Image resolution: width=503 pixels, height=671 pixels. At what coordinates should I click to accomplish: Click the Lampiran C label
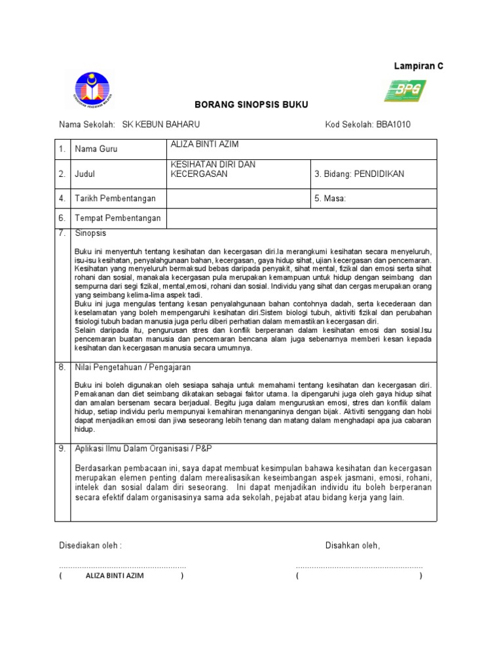(418, 66)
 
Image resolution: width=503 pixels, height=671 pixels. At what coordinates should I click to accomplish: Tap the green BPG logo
(404, 91)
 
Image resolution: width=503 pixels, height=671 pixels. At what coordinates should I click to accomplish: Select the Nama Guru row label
(96, 149)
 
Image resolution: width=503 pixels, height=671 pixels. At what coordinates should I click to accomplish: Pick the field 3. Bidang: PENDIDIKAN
(360, 174)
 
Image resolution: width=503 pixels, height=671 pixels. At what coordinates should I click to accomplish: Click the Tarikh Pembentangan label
(115, 198)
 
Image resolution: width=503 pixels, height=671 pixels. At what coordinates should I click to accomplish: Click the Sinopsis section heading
(90, 233)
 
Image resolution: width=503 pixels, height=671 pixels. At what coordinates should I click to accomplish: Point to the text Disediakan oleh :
(90, 546)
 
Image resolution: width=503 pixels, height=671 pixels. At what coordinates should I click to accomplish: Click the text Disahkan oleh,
(352, 546)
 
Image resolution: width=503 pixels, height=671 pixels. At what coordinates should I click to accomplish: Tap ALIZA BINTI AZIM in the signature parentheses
(115, 576)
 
